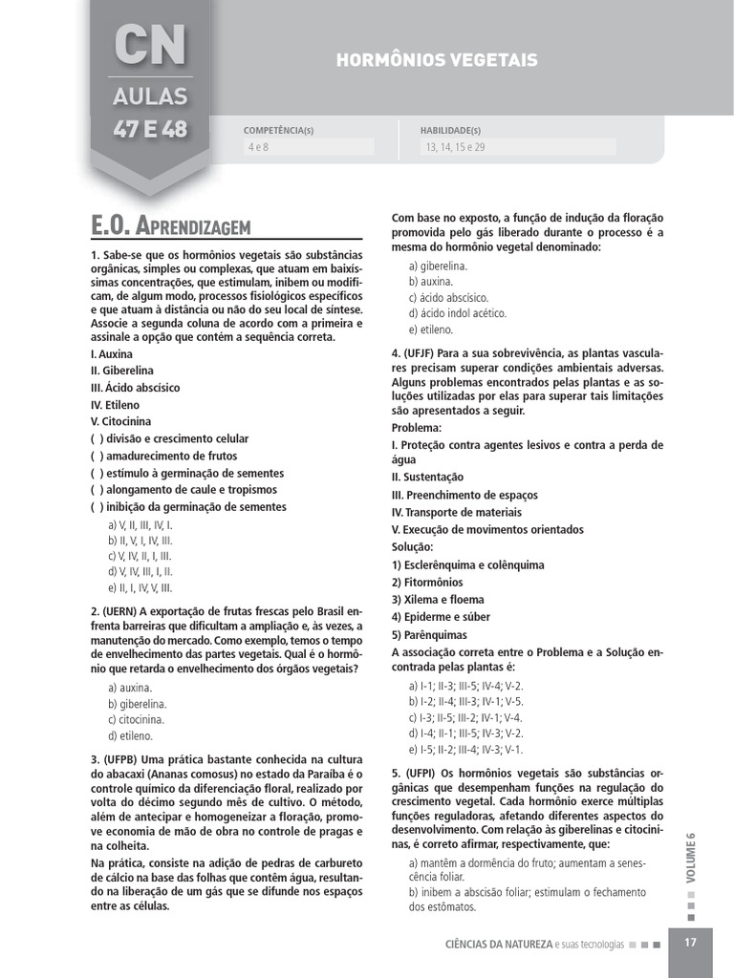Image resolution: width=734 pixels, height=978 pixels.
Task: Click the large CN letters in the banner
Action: coord(150,45)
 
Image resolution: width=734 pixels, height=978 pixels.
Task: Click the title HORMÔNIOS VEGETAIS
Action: coord(437,60)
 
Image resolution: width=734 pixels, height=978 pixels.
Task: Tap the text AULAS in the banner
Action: coord(150,96)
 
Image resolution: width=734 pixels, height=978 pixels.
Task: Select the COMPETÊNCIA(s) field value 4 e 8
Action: coord(259,147)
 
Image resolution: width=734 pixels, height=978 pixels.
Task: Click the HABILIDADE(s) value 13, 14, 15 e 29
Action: coord(454,147)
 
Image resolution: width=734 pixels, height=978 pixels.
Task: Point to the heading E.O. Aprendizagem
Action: coord(170,226)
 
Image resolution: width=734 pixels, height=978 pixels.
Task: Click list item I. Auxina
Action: coord(112,353)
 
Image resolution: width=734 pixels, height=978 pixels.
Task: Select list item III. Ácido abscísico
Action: coord(135,388)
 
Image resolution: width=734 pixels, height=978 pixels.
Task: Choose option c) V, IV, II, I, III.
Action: coord(140,556)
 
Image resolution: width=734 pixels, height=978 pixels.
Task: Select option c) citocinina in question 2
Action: coord(136,719)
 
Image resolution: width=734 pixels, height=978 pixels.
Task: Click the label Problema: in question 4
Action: coord(417,428)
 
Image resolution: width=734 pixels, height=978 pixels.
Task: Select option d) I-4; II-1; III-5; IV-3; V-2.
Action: coord(465,733)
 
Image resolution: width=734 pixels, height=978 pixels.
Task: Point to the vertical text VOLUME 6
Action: coord(691,857)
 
